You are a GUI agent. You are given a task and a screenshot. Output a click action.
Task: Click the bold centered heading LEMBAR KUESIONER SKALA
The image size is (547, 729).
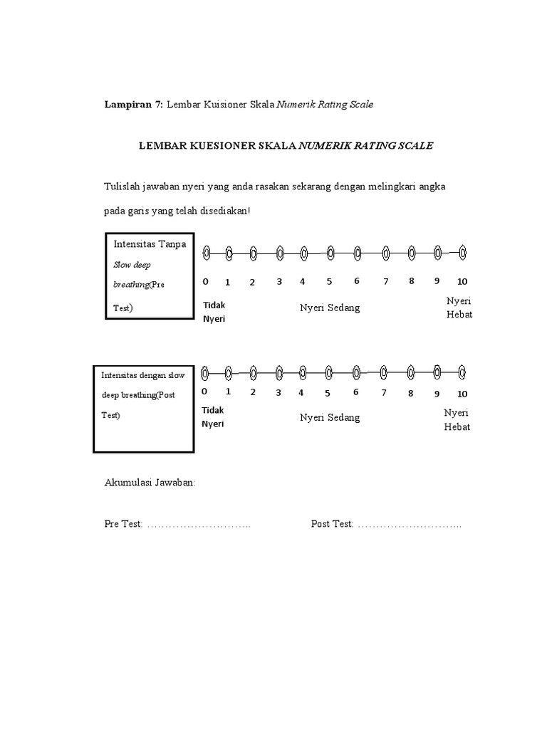tap(217, 146)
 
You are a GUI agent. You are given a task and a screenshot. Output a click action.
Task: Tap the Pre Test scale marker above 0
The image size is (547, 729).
tap(206, 252)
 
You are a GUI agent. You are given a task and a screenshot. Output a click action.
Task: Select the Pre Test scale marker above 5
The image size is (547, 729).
tap(330, 252)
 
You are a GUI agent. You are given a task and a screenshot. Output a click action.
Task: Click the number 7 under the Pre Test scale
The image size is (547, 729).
tap(385, 281)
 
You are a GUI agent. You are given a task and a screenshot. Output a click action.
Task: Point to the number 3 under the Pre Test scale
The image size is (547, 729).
tap(279, 281)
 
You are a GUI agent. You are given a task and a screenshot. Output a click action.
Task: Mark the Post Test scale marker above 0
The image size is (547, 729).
tap(204, 372)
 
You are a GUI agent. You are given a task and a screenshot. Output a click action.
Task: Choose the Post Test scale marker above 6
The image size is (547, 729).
tap(356, 372)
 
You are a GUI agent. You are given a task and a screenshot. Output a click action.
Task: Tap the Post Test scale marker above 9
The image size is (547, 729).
tap(437, 371)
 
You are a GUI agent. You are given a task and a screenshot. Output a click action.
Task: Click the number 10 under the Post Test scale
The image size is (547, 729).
tap(462, 394)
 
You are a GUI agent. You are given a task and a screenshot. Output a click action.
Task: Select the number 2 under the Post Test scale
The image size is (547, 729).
tap(252, 392)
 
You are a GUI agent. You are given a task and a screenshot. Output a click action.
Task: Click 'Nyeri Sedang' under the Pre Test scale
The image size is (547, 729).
tap(329, 308)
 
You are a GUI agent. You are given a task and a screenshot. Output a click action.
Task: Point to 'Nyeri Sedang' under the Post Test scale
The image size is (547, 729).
tap(329, 417)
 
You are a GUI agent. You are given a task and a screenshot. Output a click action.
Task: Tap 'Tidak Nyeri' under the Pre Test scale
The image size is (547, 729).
tap(214, 311)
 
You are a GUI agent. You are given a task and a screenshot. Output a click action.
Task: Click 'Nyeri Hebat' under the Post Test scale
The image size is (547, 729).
tap(457, 419)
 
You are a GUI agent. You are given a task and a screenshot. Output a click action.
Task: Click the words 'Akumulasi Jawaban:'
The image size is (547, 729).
tap(150, 483)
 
